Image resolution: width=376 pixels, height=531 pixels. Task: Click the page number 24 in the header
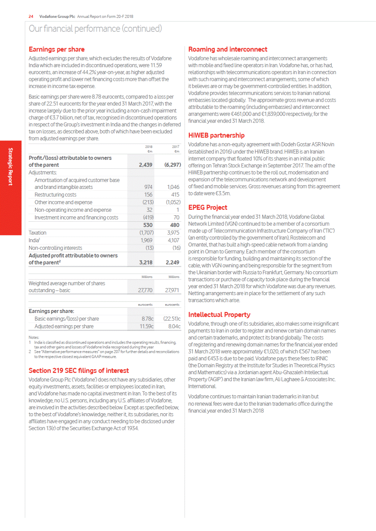click(x=31, y=16)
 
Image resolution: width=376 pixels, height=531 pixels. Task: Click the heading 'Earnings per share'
click(x=57, y=49)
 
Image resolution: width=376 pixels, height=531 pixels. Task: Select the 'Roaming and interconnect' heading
click(x=228, y=49)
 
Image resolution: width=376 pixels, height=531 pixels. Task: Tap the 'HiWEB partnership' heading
click(x=216, y=135)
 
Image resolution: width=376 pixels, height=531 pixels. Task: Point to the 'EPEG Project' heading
click(x=207, y=208)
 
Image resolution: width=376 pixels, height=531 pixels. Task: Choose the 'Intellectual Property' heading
click(x=219, y=315)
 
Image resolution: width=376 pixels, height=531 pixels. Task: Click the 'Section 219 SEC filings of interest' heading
click(x=79, y=370)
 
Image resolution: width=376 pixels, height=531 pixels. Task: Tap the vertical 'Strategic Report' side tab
click(x=10, y=167)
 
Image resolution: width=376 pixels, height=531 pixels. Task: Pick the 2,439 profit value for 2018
click(x=145, y=165)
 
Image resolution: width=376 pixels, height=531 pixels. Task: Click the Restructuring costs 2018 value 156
click(x=148, y=195)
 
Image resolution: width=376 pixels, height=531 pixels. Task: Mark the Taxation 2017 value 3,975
click(x=173, y=233)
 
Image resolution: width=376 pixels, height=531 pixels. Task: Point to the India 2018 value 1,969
click(x=147, y=240)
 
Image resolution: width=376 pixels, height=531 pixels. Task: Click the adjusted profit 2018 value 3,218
click(x=146, y=262)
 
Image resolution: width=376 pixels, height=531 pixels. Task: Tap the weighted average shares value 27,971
click(x=172, y=290)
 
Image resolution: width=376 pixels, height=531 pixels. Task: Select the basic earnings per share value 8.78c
click(x=148, y=319)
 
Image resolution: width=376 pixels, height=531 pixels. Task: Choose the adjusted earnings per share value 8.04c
click(x=174, y=326)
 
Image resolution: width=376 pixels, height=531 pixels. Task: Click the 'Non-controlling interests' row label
click(x=55, y=248)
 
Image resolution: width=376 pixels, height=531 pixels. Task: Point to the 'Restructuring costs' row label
click(x=55, y=195)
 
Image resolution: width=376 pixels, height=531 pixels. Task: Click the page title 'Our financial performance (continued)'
click(x=95, y=29)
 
